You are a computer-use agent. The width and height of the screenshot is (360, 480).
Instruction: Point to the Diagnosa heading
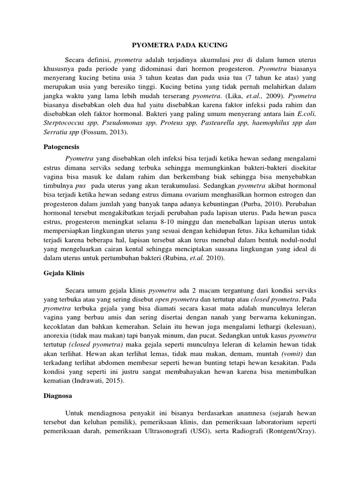(54, 396)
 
